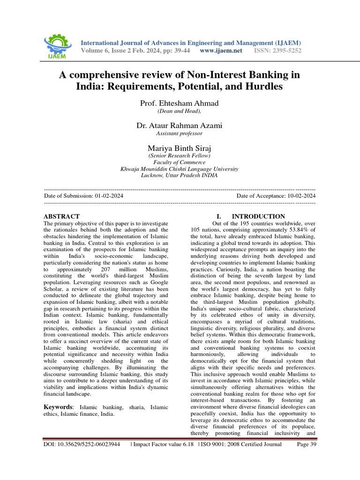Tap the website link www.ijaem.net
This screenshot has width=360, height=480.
click(221, 51)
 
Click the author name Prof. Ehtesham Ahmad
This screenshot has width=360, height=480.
click(180, 103)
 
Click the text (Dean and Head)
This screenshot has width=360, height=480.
click(180, 111)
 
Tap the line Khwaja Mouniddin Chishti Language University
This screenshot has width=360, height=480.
click(180, 169)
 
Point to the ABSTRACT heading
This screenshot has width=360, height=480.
click(61, 216)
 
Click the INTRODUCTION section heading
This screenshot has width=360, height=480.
click(258, 216)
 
